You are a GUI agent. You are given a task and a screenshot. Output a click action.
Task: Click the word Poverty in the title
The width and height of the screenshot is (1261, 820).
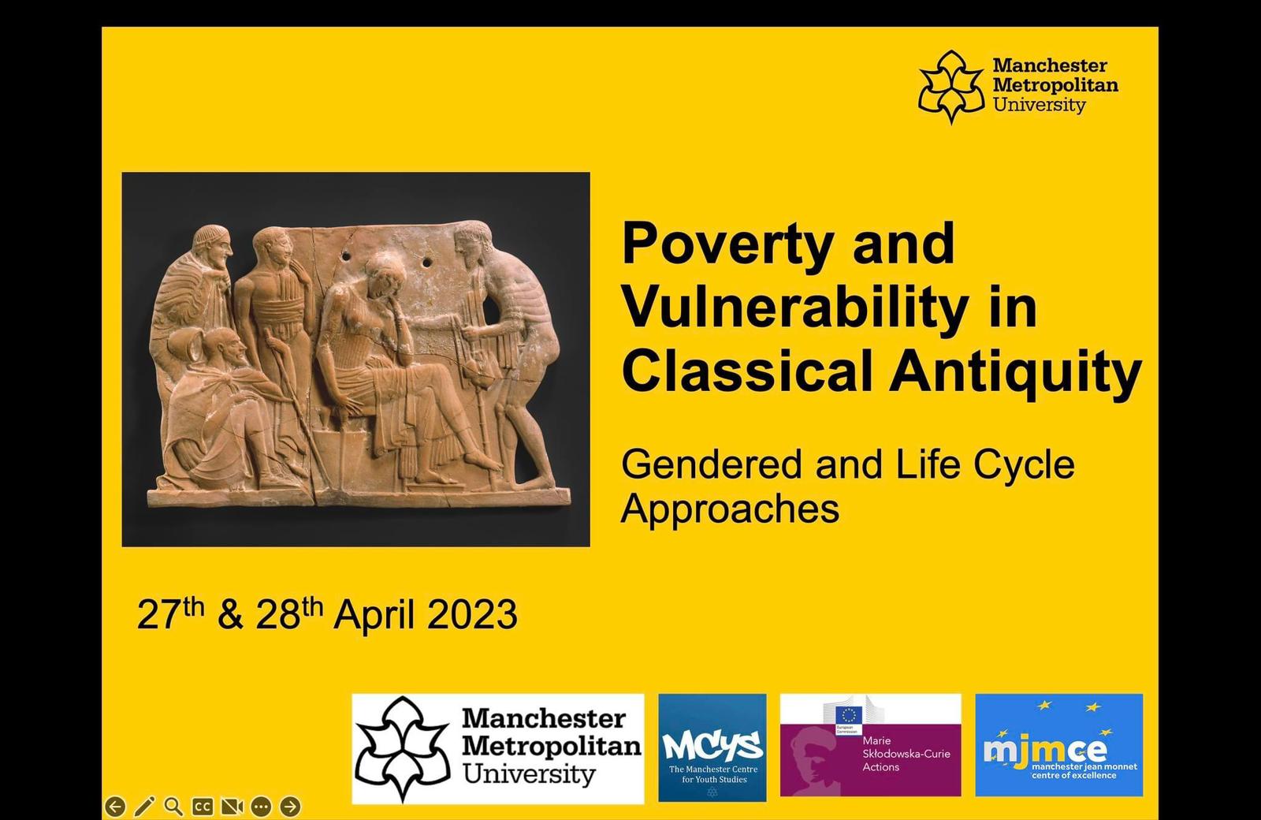click(x=727, y=244)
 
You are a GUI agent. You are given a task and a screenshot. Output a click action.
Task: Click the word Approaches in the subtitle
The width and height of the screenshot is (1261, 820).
click(x=730, y=509)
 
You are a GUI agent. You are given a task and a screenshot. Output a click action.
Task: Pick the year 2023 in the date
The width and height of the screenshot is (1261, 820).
click(x=472, y=614)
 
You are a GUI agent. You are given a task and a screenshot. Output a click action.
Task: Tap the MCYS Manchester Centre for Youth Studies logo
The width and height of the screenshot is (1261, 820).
click(x=712, y=747)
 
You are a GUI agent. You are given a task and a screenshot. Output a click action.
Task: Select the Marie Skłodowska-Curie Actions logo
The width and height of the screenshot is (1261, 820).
click(x=870, y=744)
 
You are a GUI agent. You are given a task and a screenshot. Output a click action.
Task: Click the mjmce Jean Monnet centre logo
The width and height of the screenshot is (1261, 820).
click(x=1059, y=744)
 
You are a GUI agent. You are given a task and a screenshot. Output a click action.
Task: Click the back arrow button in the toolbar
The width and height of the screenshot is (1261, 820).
click(x=115, y=806)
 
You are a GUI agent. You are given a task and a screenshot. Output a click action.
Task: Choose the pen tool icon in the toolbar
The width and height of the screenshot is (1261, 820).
click(x=144, y=806)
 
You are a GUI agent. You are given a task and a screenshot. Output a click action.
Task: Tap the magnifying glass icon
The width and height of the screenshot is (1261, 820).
click(x=173, y=806)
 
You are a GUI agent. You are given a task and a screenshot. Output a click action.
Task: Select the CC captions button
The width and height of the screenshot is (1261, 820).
click(x=203, y=807)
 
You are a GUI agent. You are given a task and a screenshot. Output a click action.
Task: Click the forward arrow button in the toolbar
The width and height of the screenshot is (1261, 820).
click(x=290, y=806)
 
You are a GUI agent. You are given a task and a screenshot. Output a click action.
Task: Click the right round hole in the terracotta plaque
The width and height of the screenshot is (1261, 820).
click(x=426, y=263)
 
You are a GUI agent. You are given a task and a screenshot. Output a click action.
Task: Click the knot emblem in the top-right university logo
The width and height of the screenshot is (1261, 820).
click(x=951, y=87)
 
